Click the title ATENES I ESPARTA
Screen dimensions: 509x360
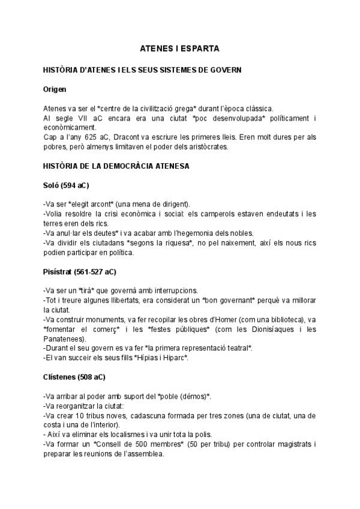[x=180, y=47]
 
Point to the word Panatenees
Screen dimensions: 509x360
[x=63, y=338]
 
